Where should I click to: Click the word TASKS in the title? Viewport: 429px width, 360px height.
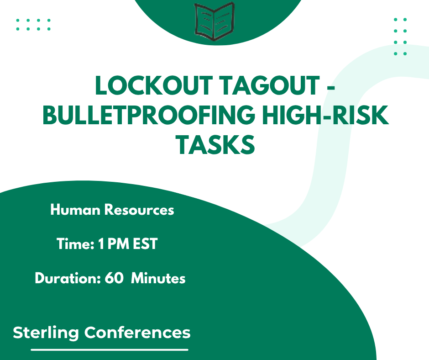coord(215,144)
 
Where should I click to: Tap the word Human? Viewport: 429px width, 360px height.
coord(75,210)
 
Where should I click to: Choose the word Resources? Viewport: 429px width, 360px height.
coord(139,210)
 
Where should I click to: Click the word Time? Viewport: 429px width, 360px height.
coord(75,244)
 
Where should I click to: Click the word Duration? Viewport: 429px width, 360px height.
coord(68,278)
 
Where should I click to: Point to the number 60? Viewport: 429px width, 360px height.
coord(114,278)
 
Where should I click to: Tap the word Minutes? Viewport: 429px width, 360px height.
coord(158,278)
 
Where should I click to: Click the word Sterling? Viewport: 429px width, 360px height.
coord(46,332)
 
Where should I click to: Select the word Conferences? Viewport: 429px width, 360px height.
coord(137,332)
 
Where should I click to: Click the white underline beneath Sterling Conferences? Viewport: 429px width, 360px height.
coord(110,349)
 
